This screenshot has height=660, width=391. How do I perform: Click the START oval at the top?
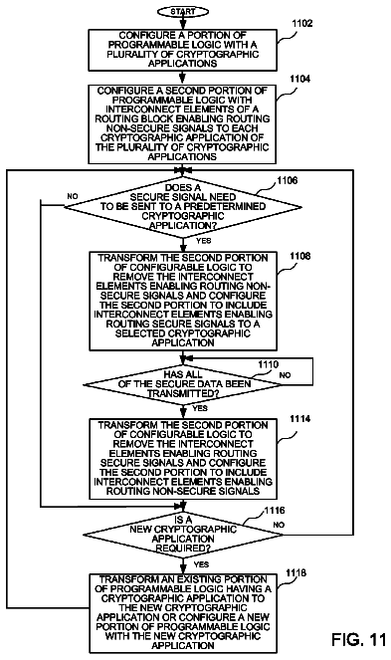(x=183, y=12)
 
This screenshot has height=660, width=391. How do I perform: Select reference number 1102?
(x=302, y=24)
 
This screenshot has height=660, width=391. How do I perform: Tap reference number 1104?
(x=300, y=79)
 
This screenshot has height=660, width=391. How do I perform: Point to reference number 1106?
(x=288, y=180)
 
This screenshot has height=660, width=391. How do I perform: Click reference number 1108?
(x=300, y=256)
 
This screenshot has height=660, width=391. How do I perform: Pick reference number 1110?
(x=268, y=364)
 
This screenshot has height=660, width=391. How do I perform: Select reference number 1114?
(x=300, y=419)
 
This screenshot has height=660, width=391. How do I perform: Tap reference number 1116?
(x=275, y=511)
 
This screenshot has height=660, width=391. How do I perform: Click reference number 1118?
(x=295, y=572)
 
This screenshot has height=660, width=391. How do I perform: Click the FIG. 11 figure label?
(x=358, y=639)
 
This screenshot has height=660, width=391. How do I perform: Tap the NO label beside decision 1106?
(x=73, y=196)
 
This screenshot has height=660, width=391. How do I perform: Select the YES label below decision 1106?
(x=204, y=241)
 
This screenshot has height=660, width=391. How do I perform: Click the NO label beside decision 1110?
(x=285, y=375)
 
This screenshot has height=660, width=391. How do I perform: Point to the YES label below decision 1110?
(x=200, y=408)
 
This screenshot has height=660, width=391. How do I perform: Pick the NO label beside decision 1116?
(x=279, y=525)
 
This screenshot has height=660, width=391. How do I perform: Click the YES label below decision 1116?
(x=202, y=564)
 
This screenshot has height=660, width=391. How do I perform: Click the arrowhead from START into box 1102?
(x=183, y=25)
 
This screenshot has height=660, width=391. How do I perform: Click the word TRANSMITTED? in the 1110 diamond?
(x=183, y=393)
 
